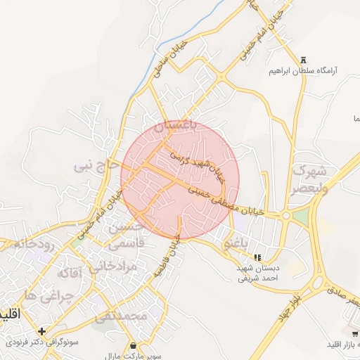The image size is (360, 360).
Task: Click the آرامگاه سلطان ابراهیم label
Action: tap(303, 71)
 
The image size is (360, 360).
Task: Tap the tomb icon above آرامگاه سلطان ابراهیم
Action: tap(303, 60)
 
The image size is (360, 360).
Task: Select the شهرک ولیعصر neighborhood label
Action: tap(310, 179)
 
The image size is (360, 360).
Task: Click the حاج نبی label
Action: tap(94, 166)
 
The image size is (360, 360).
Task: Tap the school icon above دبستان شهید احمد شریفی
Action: tap(258, 257)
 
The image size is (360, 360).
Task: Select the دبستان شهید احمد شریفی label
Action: tap(258, 274)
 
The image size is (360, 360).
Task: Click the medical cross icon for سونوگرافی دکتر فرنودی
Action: tap(42, 331)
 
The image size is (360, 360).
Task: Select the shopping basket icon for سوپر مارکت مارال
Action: tap(134, 345)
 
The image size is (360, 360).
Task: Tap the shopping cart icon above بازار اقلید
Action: tap(354, 333)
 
